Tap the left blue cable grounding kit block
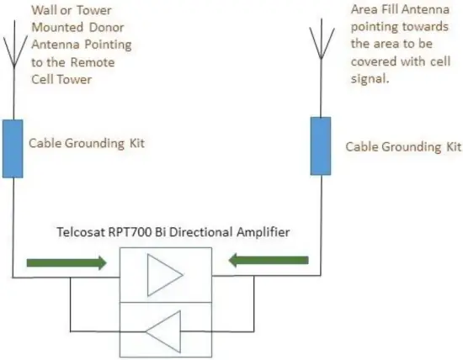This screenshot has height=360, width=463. point(13,149)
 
